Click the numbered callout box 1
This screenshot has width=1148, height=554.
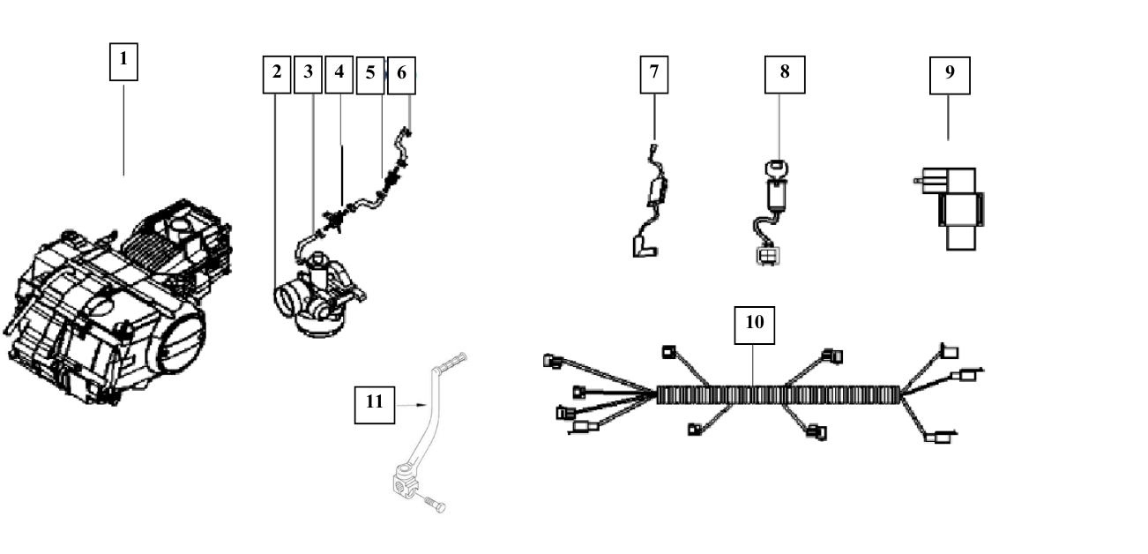point(123,62)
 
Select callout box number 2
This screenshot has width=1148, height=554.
point(277,75)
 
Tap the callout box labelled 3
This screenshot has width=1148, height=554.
point(308,75)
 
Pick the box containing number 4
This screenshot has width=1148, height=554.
point(339,75)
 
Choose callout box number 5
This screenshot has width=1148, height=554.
point(370,75)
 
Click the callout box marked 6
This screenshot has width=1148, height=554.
point(402,75)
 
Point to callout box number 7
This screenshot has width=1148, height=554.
point(654,75)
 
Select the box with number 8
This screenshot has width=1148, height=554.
point(785,75)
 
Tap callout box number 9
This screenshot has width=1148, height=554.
point(950,75)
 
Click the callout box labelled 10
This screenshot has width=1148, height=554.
point(755,326)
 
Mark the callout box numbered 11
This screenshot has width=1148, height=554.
point(375,405)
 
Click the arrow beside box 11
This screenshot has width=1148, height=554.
point(412,405)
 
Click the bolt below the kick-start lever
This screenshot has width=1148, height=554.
point(435,504)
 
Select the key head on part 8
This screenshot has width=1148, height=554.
point(777,168)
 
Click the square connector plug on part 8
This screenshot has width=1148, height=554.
point(768,256)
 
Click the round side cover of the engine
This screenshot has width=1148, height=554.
point(177,338)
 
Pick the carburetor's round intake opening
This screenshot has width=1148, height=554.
point(287,300)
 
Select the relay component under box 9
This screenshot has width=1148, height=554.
point(954,209)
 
